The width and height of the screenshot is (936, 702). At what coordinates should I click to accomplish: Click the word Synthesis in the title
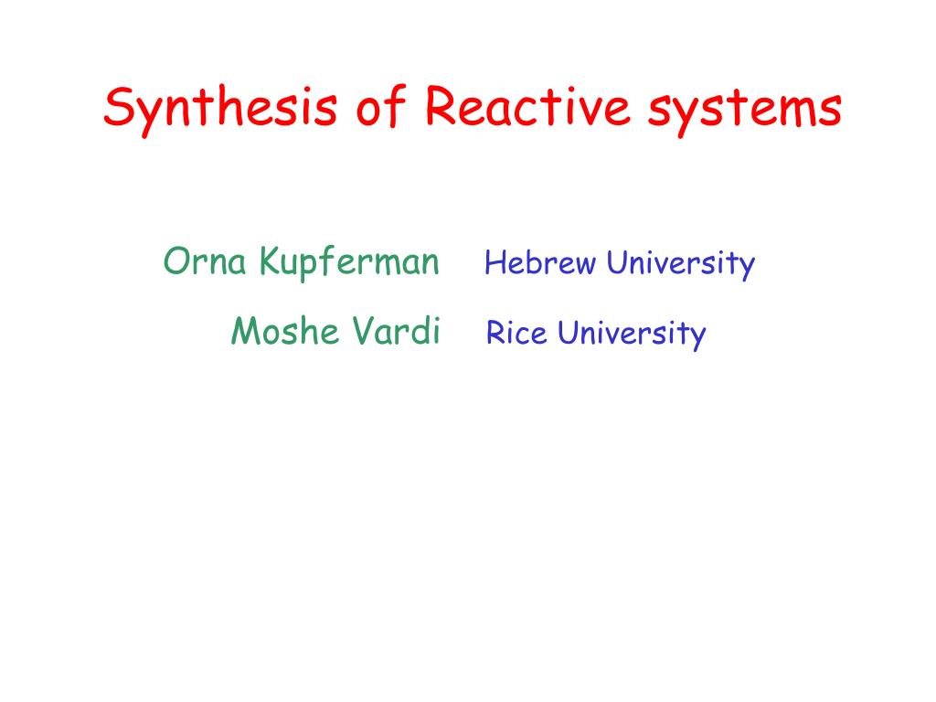220,111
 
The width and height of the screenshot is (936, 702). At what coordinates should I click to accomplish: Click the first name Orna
205,261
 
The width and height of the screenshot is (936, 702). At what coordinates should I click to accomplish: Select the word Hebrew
540,262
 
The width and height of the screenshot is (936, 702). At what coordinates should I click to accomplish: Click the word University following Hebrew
681,264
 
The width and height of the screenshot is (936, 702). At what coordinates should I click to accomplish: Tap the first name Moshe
286,331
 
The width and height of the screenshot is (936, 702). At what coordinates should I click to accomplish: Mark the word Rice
516,333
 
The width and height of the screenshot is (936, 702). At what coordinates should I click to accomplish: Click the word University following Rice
632,335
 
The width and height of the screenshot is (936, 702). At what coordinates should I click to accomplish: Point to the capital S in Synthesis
119,106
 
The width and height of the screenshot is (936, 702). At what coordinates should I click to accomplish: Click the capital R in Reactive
441,106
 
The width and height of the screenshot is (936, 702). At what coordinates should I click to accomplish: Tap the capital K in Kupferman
271,261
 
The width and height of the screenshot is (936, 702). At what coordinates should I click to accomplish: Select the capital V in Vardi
366,331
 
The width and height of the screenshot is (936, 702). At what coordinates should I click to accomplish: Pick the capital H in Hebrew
496,263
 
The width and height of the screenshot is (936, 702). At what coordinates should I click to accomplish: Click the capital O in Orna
177,261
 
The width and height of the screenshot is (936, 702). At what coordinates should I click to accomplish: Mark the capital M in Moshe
248,331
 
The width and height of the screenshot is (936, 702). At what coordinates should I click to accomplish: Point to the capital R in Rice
496,333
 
